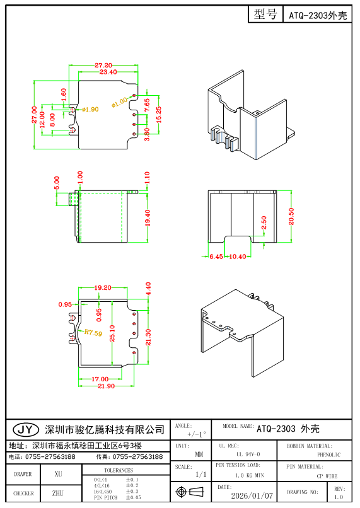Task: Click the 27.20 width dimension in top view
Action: coord(103,66)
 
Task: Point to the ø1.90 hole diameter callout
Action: coord(90,109)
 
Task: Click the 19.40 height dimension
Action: coord(147,218)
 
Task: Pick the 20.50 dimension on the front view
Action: coord(291,216)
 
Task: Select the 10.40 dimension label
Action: coord(237,257)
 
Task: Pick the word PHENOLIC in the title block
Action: coord(328,454)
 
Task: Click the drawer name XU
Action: coord(58,473)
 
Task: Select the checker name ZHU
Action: coord(58,494)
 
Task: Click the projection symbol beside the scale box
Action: coord(190,492)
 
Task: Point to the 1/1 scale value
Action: coord(201,474)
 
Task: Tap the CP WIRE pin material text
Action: coord(328,475)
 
